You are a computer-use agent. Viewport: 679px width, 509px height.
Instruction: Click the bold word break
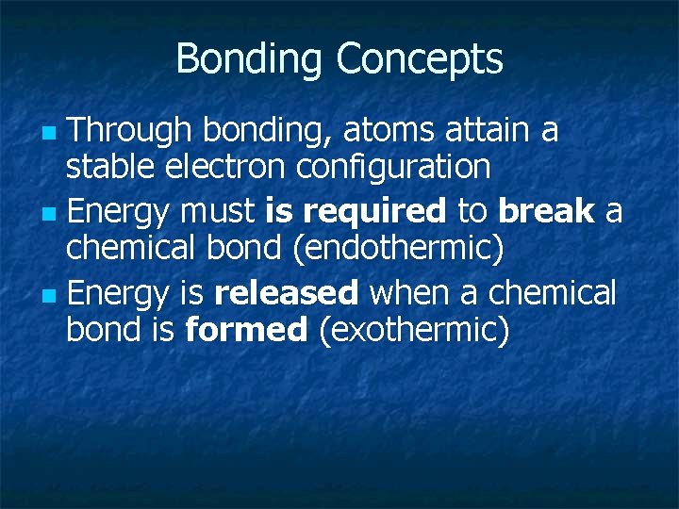tap(547, 212)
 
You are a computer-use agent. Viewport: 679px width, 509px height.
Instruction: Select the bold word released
tap(286, 293)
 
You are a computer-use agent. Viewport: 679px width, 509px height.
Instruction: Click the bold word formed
tap(246, 330)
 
